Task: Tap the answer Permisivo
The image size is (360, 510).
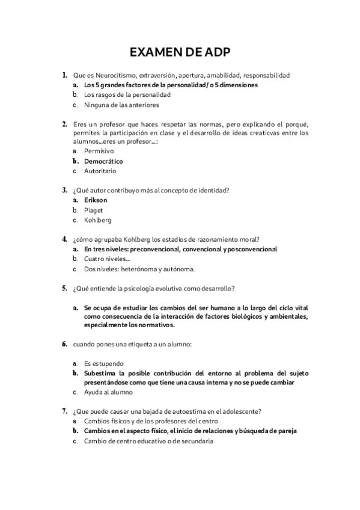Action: click(x=99, y=152)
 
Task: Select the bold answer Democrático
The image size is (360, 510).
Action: click(x=103, y=161)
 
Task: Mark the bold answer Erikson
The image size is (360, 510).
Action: click(x=96, y=200)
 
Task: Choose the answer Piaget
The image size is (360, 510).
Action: click(x=94, y=210)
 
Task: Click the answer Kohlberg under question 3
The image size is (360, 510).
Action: click(x=97, y=220)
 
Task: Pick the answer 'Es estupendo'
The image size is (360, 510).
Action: click(x=103, y=363)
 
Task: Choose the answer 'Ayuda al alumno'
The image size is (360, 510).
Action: click(x=108, y=393)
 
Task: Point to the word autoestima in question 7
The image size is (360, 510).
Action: click(x=189, y=411)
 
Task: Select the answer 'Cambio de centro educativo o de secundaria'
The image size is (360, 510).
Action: click(x=148, y=441)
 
